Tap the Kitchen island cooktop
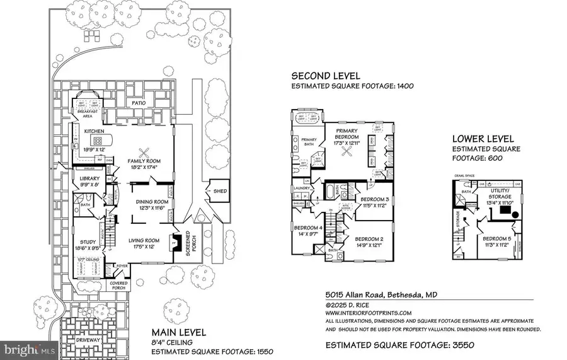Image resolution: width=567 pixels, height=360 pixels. click(98, 140)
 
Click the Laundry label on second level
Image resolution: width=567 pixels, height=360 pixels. click(301, 188)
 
